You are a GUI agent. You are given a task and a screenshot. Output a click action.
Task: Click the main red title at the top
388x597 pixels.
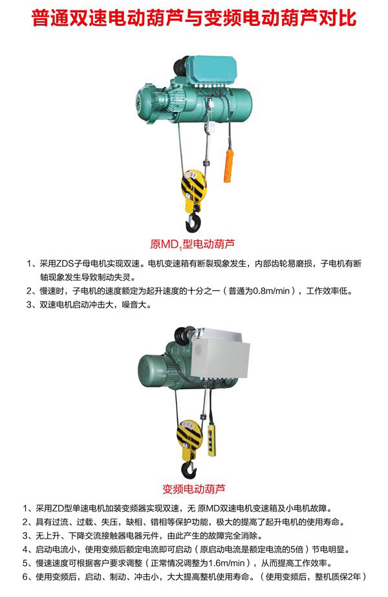pyautogui.click(x=194, y=17)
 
